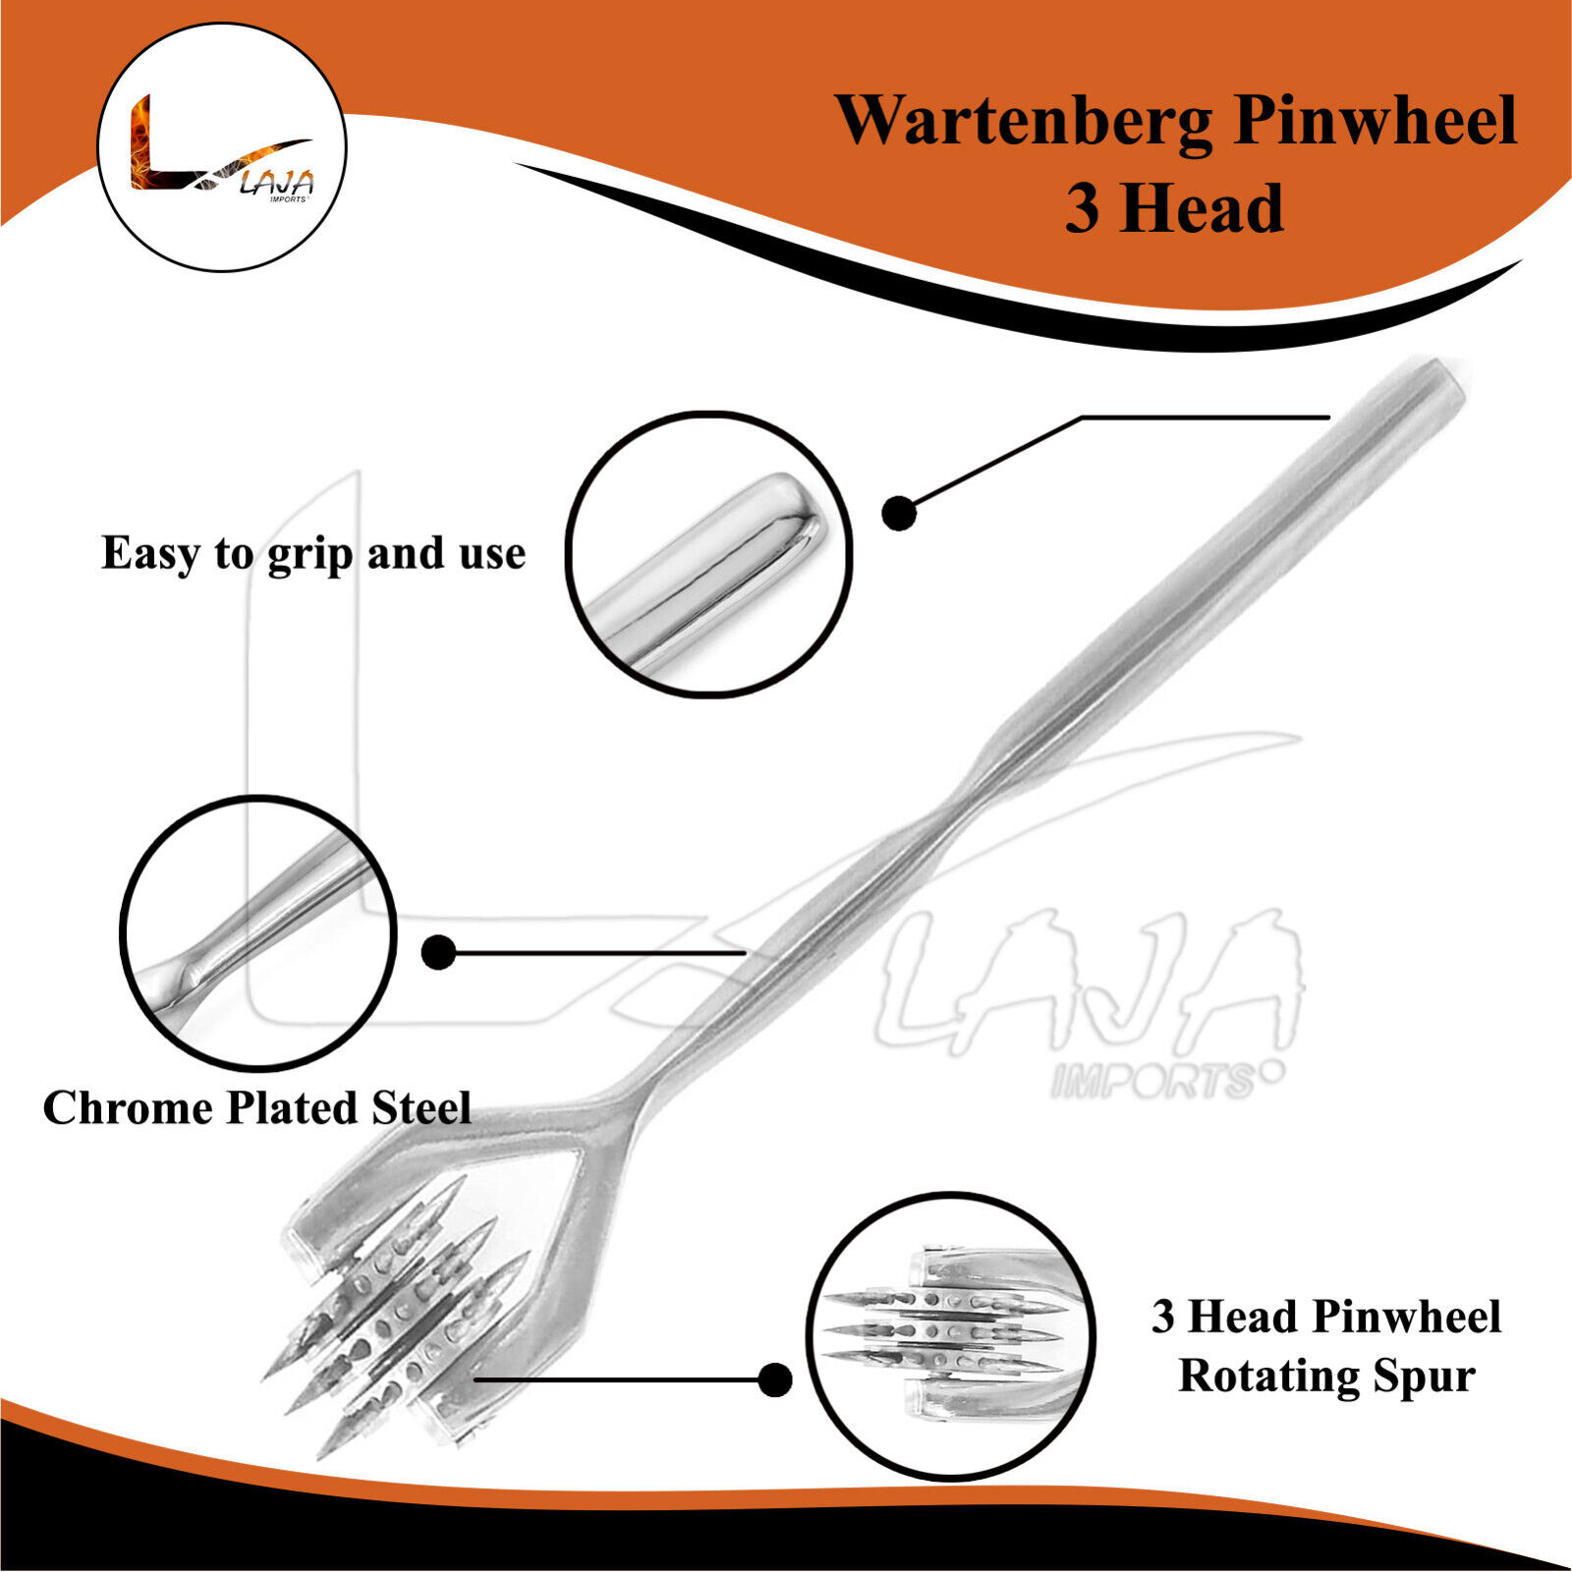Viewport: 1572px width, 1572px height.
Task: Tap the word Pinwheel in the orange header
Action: point(1375,121)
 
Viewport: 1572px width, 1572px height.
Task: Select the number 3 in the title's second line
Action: point(1083,209)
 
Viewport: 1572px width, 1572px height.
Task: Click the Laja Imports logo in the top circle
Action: point(222,147)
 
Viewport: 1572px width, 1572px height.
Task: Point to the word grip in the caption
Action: point(309,555)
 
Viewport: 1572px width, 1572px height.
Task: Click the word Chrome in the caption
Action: point(127,1108)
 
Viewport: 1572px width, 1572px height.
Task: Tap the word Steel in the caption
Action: point(421,1108)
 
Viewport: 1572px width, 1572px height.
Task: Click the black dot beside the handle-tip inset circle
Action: point(898,512)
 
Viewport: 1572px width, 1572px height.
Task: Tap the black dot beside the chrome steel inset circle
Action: point(438,952)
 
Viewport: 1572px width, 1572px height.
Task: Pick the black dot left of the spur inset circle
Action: point(775,1379)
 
